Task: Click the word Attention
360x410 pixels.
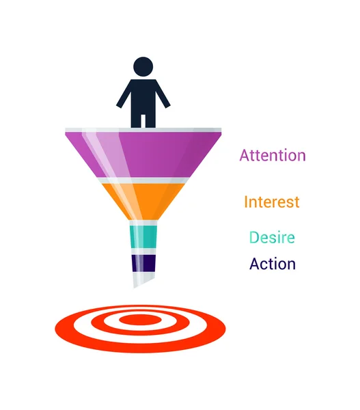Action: tap(272, 155)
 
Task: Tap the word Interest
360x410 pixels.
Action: tap(271, 202)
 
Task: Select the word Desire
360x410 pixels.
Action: tap(272, 238)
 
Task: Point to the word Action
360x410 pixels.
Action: tap(272, 264)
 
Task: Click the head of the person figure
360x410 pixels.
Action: tap(143, 67)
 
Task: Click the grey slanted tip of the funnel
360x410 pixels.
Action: tap(144, 279)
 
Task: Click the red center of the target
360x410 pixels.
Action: tap(140, 319)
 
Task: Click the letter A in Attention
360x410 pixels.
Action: tap(245, 155)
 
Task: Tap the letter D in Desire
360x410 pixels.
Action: tap(253, 238)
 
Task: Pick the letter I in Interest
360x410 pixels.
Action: tap(246, 202)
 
